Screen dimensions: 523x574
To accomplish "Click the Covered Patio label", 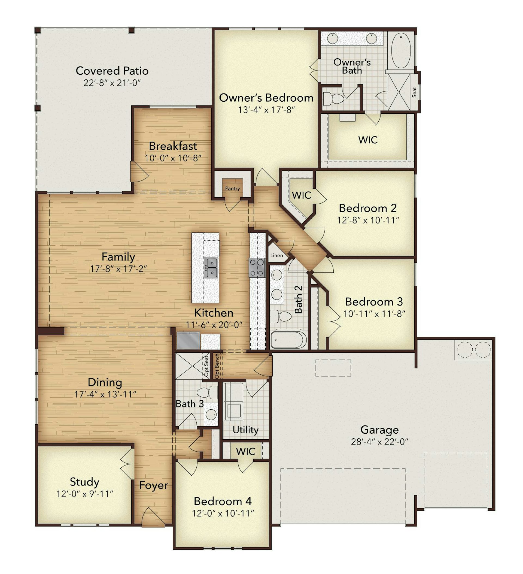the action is click(112, 71).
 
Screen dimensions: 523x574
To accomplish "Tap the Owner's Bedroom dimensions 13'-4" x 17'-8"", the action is click(266, 110).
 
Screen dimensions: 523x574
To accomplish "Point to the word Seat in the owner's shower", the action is click(414, 92).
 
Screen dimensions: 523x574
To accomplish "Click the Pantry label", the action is click(232, 189).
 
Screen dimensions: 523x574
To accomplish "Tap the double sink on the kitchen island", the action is click(211, 268).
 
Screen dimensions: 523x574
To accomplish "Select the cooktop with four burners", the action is click(257, 268).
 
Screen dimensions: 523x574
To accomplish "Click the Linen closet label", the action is click(276, 255).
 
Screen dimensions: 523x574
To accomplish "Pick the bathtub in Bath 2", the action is click(288, 340).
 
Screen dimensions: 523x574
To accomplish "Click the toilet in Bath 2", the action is click(281, 317).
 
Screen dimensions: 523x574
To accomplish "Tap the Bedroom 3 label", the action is click(374, 301).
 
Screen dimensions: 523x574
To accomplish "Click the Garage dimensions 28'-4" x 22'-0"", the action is click(380, 442).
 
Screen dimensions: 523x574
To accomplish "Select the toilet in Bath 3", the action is click(207, 393).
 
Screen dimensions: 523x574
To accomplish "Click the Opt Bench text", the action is click(217, 366).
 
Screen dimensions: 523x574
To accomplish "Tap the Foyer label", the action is click(153, 485).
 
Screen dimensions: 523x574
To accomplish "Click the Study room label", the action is click(84, 482).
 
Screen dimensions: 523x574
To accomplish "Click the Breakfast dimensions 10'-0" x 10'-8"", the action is click(173, 158).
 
